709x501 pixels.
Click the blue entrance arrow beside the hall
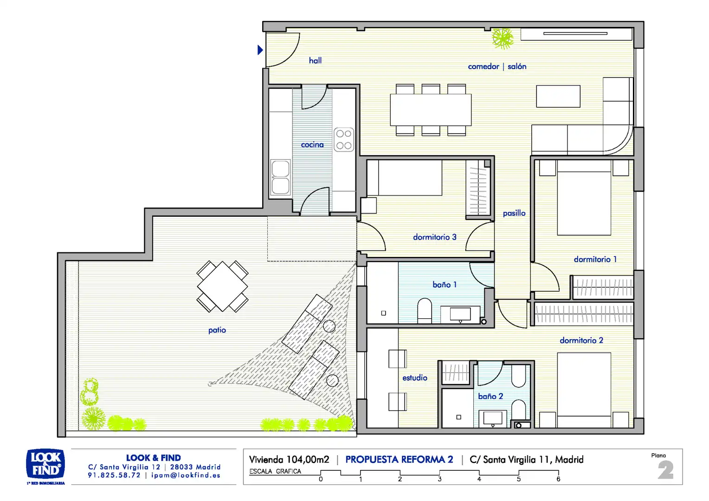pyautogui.click(x=260, y=50)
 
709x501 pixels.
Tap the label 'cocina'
pyautogui.click(x=312, y=145)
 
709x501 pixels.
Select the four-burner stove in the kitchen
pyautogui.click(x=344, y=140)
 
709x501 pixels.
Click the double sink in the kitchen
pyautogui.click(x=280, y=177)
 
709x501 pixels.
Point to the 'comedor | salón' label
pyautogui.click(x=497, y=66)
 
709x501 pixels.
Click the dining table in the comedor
pyautogui.click(x=431, y=110)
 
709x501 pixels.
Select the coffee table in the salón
pyautogui.click(x=558, y=96)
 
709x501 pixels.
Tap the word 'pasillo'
pyautogui.click(x=514, y=213)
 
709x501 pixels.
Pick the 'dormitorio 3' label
pyautogui.click(x=435, y=237)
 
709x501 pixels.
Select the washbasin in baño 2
pyautogui.click(x=492, y=418)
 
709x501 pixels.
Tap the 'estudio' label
pyautogui.click(x=415, y=378)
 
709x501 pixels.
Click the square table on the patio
pyautogui.click(x=222, y=286)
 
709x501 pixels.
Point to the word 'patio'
pyautogui.click(x=217, y=330)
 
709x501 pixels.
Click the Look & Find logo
pyautogui.click(x=45, y=465)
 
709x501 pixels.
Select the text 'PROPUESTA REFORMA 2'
pyautogui.click(x=399, y=459)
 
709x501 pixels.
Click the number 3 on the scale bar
pyautogui.click(x=439, y=479)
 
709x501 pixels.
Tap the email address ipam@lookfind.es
pyautogui.click(x=186, y=475)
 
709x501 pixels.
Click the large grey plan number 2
pyautogui.click(x=665, y=470)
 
